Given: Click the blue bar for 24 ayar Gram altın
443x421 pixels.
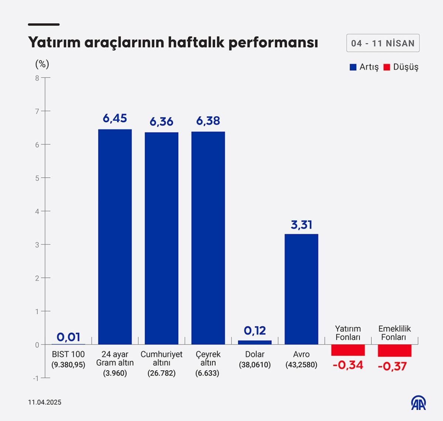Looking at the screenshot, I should (x=115, y=237).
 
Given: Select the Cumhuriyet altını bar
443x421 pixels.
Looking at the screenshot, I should (x=161, y=238).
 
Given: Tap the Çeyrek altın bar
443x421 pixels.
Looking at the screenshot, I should (x=208, y=238).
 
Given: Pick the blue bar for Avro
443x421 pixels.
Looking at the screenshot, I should (x=301, y=289).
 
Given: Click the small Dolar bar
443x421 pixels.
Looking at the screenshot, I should (x=255, y=342).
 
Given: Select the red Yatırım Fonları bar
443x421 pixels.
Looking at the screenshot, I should (x=348, y=350).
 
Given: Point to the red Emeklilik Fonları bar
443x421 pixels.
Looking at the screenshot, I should (x=394, y=350).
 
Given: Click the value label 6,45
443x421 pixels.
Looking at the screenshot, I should (x=115, y=118).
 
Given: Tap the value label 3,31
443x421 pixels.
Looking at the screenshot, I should (x=301, y=225).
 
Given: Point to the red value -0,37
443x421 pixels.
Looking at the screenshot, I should (x=392, y=366).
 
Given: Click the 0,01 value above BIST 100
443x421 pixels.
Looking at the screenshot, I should (x=68, y=337).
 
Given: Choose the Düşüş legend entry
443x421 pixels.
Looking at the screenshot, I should (x=401, y=67).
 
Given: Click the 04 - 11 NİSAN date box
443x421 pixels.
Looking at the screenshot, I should (x=383, y=43).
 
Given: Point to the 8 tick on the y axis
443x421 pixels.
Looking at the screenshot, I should (x=37, y=78).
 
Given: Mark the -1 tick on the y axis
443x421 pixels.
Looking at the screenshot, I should (x=36, y=378).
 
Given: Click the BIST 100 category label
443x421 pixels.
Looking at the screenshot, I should (x=68, y=354).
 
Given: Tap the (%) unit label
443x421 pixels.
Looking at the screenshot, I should (x=42, y=64).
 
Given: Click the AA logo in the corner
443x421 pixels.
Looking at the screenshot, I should (x=419, y=403).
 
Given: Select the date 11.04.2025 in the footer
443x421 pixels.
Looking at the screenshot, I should (x=45, y=402).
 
